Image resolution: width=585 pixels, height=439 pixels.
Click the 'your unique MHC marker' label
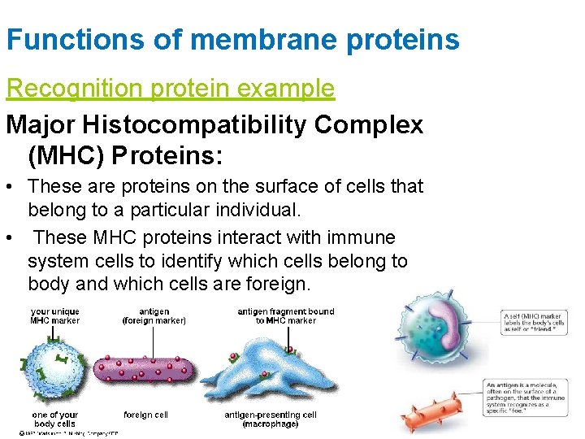(x=55, y=315)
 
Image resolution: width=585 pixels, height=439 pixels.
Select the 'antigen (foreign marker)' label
(x=154, y=315)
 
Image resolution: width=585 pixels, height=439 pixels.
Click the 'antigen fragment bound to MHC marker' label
(x=285, y=315)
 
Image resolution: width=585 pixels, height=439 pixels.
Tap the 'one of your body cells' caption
(x=55, y=419)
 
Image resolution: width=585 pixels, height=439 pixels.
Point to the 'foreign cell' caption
(x=146, y=415)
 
